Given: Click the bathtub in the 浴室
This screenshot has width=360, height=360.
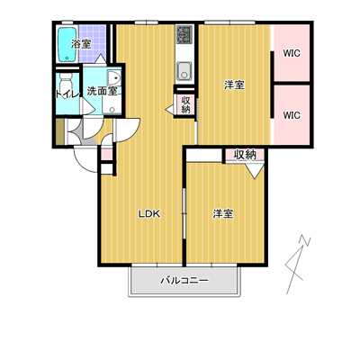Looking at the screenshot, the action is [x=67, y=45].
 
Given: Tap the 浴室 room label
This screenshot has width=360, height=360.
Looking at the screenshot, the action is [x=81, y=44].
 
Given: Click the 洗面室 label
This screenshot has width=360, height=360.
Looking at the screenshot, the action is [x=102, y=91].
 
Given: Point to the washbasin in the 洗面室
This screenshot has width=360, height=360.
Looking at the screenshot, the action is [x=113, y=78].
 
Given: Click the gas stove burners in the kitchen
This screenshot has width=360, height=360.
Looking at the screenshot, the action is [x=184, y=34].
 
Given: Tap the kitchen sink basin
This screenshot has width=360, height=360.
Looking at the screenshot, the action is [x=184, y=71].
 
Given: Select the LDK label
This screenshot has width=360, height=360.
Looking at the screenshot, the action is [x=149, y=214].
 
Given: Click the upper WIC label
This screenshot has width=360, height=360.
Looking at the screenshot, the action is [x=292, y=53].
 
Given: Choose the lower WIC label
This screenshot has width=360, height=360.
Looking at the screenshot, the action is [x=292, y=115].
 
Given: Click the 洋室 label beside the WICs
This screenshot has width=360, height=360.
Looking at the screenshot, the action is [x=235, y=85].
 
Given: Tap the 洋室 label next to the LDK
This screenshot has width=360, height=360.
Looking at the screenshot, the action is [x=223, y=214].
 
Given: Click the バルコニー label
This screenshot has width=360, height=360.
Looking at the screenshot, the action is [x=184, y=281].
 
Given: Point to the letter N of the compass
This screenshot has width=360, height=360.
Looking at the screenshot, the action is [x=305, y=241].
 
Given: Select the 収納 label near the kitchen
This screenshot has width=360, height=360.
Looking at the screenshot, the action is [x=185, y=104].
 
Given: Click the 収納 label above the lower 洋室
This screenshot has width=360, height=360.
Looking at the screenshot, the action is [x=245, y=155].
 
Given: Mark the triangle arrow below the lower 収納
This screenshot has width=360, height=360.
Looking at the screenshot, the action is [x=255, y=172].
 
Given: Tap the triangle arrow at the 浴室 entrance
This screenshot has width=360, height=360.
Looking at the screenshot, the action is [x=101, y=58].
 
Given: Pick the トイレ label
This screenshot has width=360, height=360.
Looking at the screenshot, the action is [x=67, y=94].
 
